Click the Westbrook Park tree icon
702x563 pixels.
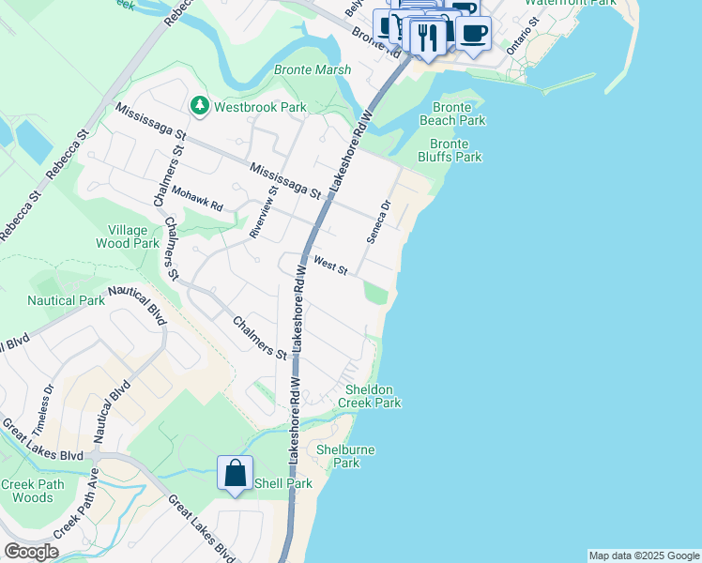coord(199,106)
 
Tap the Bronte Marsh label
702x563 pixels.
coord(313,70)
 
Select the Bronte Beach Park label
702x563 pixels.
coord(452,114)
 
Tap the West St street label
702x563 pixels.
coord(331,266)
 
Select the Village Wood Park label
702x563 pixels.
coord(128,236)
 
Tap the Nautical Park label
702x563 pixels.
coord(66,301)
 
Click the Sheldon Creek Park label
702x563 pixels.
coord(373,396)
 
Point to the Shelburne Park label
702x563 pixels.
coord(345,456)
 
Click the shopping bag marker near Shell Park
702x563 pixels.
coord(235,473)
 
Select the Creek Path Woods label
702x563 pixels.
coord(26,491)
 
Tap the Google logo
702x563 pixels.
coord(30,552)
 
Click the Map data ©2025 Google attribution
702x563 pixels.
coord(644,555)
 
